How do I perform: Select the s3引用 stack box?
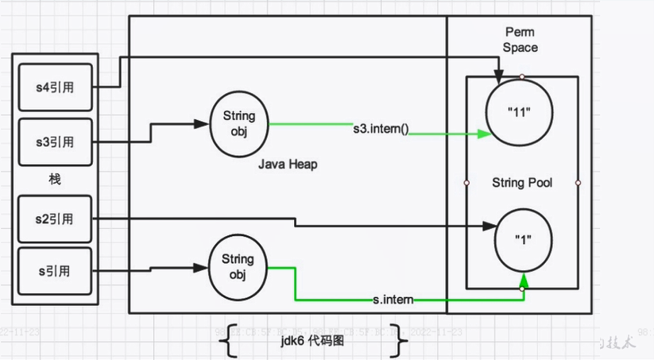[x=55, y=142]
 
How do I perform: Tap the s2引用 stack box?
[x=55, y=219]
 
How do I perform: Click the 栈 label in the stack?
[x=55, y=180]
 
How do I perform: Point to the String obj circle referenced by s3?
[x=239, y=125]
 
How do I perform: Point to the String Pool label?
[x=522, y=183]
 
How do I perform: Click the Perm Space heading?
[x=521, y=39]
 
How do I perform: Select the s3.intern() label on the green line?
[x=381, y=127]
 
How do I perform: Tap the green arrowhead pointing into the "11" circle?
[x=484, y=134]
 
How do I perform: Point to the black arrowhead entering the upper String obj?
[x=202, y=123]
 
